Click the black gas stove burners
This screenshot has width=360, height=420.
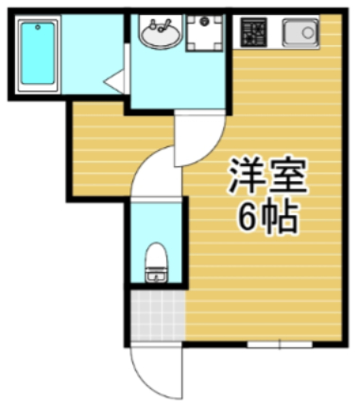[252, 35]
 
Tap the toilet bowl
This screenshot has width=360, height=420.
[157, 258]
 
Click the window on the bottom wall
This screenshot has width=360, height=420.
[280, 344]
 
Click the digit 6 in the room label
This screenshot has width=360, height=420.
[248, 219]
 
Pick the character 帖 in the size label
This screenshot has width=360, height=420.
[281, 219]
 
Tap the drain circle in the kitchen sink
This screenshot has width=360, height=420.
[306, 35]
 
